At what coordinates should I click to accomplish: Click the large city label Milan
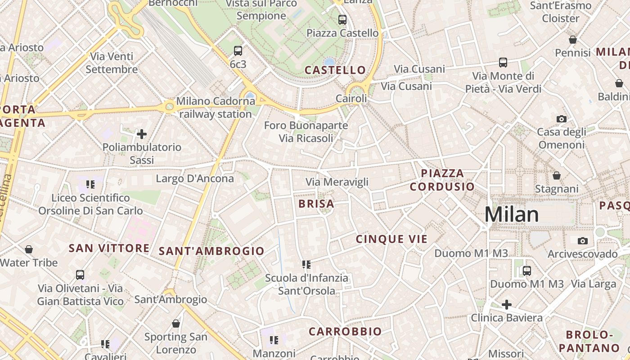click(x=512, y=215)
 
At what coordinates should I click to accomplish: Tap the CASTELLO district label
click(x=335, y=70)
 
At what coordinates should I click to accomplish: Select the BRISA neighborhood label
click(x=316, y=204)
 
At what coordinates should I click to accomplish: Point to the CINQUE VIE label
click(x=391, y=239)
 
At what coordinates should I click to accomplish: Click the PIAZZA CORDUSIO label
click(x=442, y=180)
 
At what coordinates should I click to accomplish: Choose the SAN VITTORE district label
click(x=109, y=248)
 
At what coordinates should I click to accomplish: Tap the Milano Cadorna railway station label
click(x=215, y=108)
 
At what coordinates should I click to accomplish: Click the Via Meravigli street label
click(x=337, y=182)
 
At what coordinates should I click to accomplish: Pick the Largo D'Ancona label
click(x=195, y=179)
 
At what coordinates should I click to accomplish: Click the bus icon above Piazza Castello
click(x=342, y=20)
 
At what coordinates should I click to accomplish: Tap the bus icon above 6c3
click(x=238, y=51)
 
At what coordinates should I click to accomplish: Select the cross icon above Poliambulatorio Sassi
click(x=142, y=134)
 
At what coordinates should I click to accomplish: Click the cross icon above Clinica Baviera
click(x=507, y=305)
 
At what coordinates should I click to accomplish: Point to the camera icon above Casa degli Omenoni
click(x=562, y=119)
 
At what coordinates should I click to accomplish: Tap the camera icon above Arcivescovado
click(x=583, y=241)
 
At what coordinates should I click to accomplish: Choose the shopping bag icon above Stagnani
click(x=557, y=175)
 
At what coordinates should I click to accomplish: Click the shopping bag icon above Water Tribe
click(x=29, y=249)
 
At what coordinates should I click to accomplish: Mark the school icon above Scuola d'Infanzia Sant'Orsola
click(x=306, y=265)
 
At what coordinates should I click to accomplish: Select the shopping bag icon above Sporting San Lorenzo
click(x=176, y=324)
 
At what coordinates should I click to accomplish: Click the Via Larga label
click(x=594, y=284)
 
